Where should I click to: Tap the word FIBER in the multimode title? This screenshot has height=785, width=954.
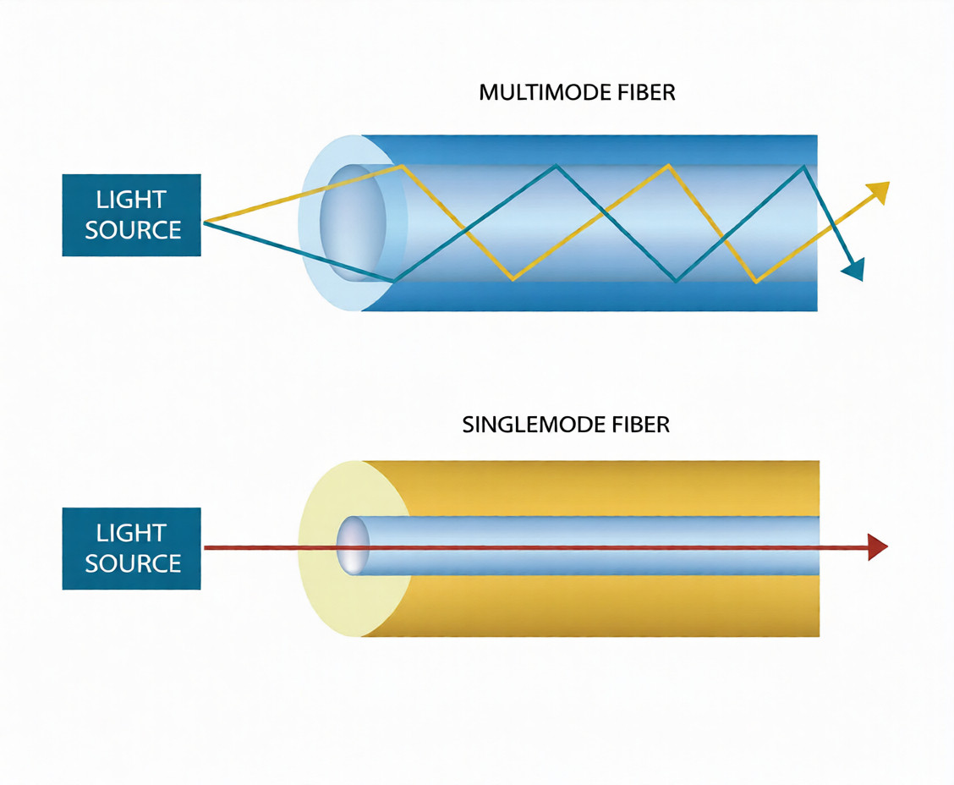coord(646,92)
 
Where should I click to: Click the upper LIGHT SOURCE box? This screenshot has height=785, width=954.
coord(131,215)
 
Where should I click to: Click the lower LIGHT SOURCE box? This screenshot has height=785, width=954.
coord(131,548)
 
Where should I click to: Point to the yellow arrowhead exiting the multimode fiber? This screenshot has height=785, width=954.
coord(879,191)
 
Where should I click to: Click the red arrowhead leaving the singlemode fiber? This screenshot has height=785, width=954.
coord(877,547)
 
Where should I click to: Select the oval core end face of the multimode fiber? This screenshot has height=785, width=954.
coord(353,222)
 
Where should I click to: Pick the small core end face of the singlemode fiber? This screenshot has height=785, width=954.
coord(353,546)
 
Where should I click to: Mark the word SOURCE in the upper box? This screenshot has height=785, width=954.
coord(133,230)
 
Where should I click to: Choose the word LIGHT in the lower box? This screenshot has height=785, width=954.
coord(131,533)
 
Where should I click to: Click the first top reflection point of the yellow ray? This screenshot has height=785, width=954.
coord(403,165)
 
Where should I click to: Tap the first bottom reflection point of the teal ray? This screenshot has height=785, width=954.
coord(394,281)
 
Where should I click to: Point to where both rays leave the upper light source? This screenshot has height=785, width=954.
coord(204,222)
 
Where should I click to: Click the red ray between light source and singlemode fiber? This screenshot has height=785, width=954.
coord(270,547)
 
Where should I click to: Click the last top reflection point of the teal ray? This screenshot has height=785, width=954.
coord(804,166)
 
